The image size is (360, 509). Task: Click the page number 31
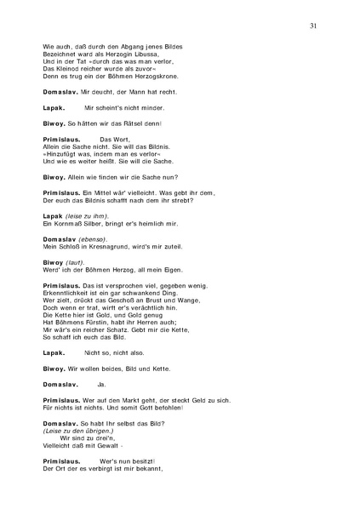tap(314, 26)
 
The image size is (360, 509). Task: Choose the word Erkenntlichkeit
tap(71, 295)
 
